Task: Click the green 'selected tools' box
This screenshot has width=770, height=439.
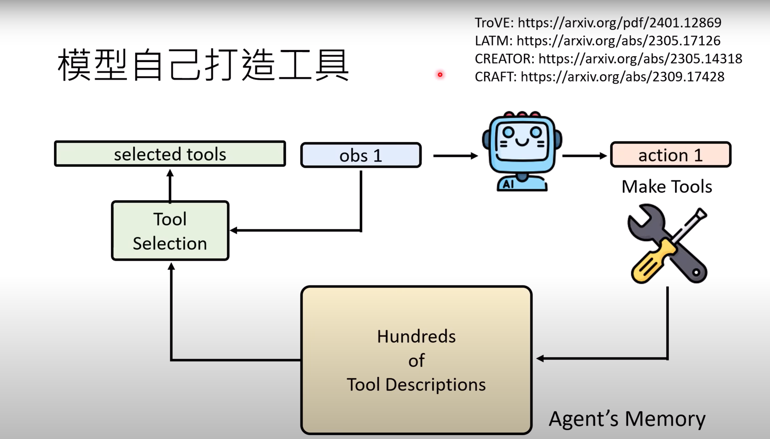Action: click(x=170, y=154)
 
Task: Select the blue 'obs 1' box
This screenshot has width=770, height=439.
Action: click(x=361, y=155)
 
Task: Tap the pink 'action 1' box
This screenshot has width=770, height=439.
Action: click(x=670, y=155)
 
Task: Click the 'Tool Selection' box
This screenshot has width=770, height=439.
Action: click(x=170, y=231)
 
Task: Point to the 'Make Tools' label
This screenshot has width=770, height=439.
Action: click(x=666, y=186)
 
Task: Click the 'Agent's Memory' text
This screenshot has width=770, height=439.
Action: click(x=627, y=418)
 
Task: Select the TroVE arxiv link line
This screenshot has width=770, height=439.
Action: click(x=598, y=23)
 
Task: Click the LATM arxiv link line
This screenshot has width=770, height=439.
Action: click(x=598, y=41)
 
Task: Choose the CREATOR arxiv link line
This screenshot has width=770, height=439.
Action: click(x=608, y=59)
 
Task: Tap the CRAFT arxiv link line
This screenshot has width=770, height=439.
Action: click(x=599, y=77)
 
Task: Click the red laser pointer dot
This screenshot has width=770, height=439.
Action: click(x=440, y=74)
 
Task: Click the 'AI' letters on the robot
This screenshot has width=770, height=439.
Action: click(x=508, y=184)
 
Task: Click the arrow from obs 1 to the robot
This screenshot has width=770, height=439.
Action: click(x=455, y=156)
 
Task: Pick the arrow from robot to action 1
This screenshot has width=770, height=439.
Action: click(x=584, y=156)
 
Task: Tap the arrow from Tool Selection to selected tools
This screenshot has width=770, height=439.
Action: click(x=170, y=185)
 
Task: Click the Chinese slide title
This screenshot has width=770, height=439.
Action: click(x=203, y=65)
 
